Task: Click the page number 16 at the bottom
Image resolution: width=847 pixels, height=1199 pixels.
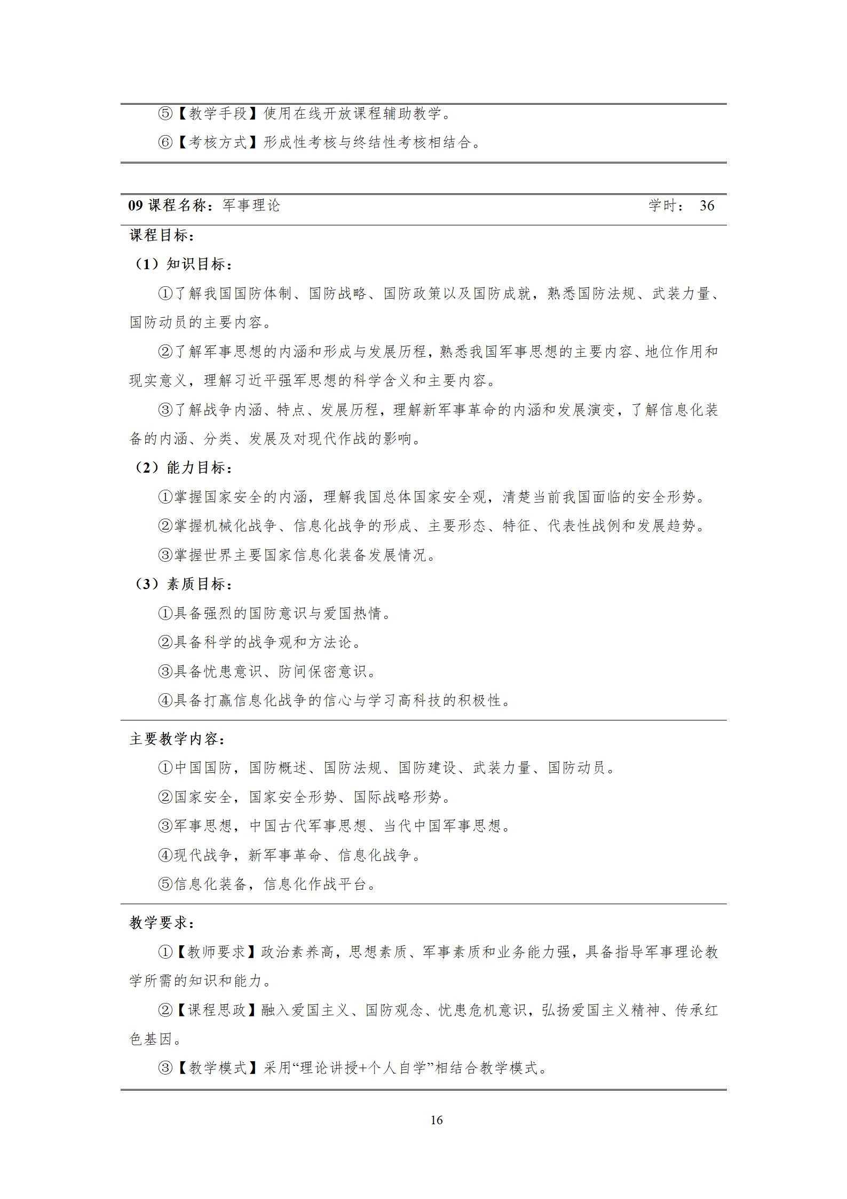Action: click(436, 1120)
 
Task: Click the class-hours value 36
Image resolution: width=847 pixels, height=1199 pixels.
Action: click(707, 206)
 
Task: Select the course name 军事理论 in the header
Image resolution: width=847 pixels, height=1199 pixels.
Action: click(251, 206)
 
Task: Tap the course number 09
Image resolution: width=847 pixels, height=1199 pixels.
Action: click(136, 206)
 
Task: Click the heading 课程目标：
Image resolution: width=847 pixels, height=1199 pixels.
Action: click(162, 235)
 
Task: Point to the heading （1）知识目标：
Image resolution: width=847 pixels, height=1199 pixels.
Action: click(181, 264)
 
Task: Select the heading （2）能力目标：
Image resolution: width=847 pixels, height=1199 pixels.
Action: click(181, 468)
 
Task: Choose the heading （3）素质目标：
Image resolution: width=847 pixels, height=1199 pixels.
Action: click(181, 584)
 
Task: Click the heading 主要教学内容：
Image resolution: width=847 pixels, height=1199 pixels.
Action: click(177, 739)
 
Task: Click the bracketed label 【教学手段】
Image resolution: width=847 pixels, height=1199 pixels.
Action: click(218, 114)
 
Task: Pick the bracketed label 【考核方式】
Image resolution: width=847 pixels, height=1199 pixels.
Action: click(218, 143)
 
